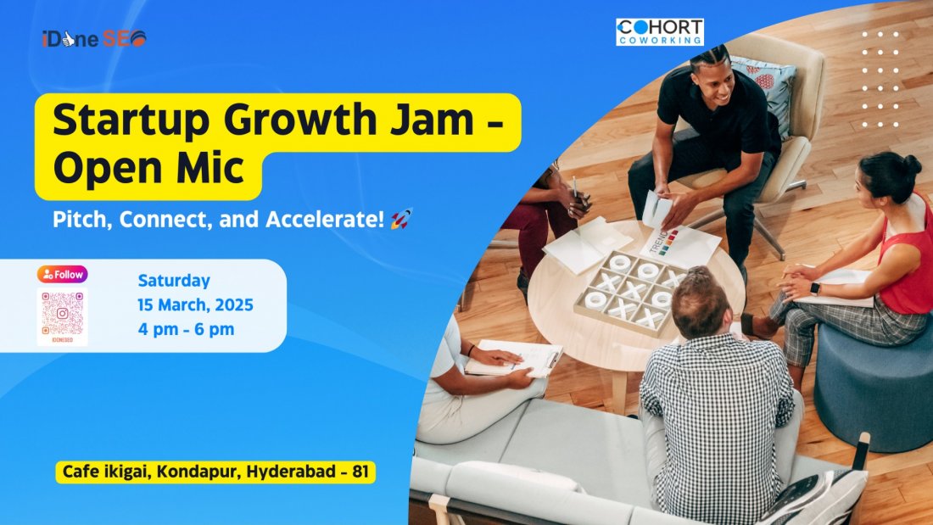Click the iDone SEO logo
(93, 39)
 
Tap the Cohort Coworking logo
(659, 32)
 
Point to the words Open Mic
(148, 169)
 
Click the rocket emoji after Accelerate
(401, 220)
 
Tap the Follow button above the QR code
(62, 274)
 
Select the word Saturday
(174, 281)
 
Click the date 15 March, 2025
(195, 304)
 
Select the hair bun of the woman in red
(912, 164)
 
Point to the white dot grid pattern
(880, 79)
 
